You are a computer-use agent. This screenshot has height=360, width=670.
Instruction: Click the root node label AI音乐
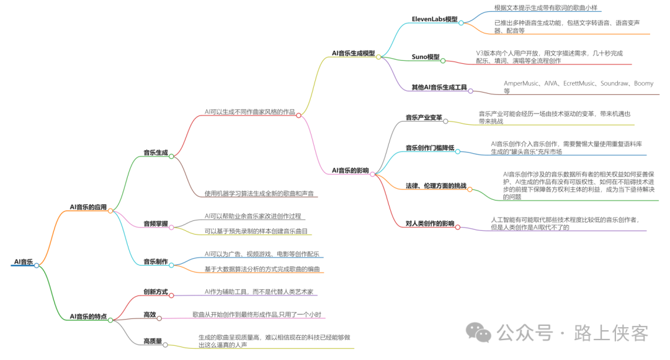23,262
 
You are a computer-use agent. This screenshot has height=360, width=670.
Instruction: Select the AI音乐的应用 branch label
88,207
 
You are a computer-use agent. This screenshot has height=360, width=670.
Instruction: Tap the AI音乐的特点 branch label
88,317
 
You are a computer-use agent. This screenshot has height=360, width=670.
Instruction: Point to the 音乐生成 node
155,152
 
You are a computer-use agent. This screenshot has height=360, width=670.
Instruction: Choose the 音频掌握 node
155,223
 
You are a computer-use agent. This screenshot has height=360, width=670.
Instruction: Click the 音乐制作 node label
155,262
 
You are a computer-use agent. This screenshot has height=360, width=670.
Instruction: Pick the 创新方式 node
155,292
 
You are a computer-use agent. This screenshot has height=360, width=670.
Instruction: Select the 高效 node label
150,315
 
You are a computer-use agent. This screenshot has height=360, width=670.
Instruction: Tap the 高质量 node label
153,341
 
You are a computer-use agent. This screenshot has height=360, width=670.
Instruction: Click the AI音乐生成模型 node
353,53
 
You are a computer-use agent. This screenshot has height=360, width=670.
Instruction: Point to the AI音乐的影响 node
350,170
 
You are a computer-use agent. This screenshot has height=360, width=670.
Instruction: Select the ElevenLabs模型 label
434,19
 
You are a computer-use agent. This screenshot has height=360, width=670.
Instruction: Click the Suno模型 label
425,57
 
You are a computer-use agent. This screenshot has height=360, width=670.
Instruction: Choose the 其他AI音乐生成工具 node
439,88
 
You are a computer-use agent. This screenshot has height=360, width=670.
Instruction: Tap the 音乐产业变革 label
424,117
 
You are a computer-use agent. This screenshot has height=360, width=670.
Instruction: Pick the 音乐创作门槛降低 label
430,148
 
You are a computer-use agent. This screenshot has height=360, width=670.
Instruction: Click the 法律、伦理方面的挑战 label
435,186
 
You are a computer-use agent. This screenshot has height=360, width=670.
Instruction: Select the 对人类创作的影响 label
430,223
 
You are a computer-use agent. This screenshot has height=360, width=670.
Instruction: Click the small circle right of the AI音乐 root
37,266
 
